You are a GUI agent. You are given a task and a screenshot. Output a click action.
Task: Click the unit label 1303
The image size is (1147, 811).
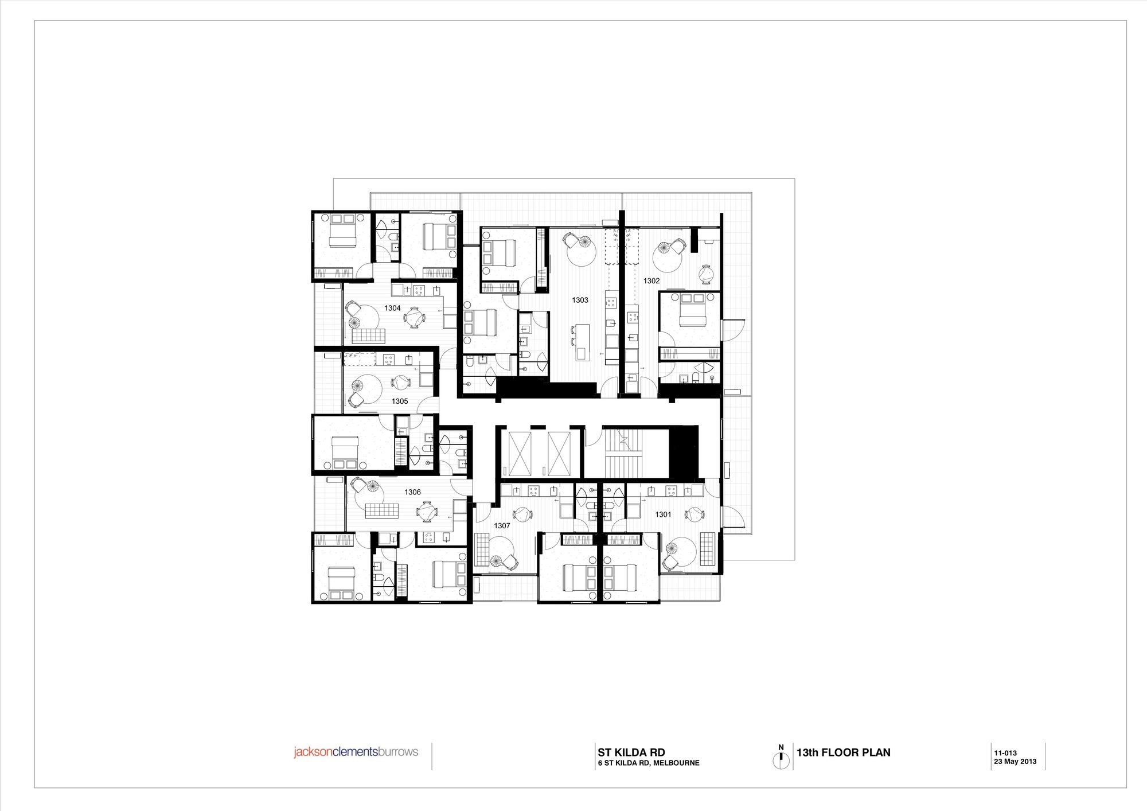click(x=580, y=300)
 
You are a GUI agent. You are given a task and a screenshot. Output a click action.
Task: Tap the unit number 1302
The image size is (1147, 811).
click(x=651, y=281)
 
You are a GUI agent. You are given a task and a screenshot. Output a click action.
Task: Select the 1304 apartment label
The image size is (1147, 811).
click(x=392, y=308)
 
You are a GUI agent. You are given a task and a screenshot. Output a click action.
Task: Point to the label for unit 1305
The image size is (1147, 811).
click(x=400, y=401)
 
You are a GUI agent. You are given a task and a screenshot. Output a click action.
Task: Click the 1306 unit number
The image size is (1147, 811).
click(x=412, y=492)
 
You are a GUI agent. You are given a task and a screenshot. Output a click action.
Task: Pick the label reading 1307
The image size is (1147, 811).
click(x=502, y=525)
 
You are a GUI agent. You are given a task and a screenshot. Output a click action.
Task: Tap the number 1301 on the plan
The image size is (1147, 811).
click(x=663, y=514)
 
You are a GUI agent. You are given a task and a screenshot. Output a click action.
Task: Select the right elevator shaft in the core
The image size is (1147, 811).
click(x=560, y=453)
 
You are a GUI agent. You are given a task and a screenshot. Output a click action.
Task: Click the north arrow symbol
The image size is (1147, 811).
click(x=781, y=757)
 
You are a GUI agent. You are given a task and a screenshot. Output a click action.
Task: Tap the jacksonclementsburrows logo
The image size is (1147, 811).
click(x=356, y=752)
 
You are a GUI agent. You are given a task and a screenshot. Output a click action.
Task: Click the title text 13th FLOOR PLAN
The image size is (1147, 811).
click(x=844, y=752)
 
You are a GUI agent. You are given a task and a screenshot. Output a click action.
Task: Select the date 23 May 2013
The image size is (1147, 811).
click(x=1015, y=762)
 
